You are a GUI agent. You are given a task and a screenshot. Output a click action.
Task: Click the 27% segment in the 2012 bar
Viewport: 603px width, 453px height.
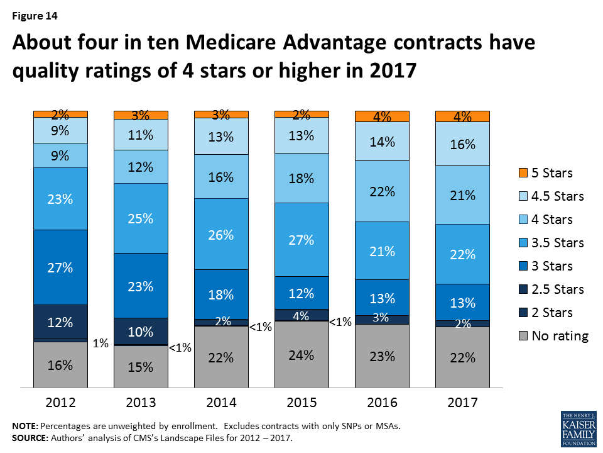[x=60, y=267]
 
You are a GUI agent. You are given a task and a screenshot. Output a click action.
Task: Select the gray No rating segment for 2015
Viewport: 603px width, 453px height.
[x=301, y=355]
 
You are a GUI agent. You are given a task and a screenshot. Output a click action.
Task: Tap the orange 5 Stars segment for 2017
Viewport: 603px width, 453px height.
[x=462, y=116]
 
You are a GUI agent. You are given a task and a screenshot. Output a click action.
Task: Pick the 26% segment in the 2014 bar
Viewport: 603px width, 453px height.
[x=221, y=235]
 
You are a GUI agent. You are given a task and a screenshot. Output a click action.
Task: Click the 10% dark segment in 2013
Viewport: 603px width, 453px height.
[x=141, y=332]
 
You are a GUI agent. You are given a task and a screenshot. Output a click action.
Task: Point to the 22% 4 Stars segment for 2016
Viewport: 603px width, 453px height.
[x=382, y=191]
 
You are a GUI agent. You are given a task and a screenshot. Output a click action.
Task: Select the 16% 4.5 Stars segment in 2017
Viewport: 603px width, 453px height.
[x=462, y=143]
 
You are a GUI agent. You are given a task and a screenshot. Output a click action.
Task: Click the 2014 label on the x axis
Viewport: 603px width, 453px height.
[x=221, y=403]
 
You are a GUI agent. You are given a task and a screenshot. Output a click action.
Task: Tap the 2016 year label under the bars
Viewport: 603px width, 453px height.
[x=382, y=403]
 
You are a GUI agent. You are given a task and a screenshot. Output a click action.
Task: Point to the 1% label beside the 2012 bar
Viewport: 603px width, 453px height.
[x=101, y=344]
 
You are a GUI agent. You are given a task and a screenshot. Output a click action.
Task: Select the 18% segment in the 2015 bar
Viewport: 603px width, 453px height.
[x=301, y=178]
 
